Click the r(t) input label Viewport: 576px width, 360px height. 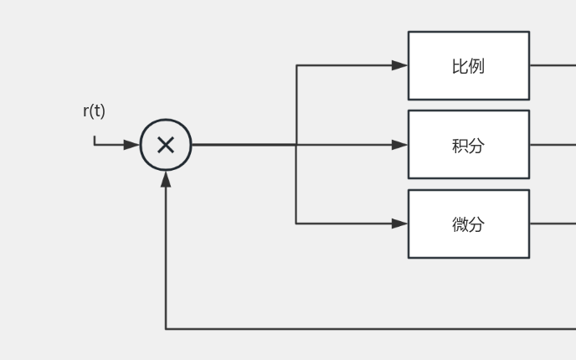coord(94,111)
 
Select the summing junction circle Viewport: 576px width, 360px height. coord(166,145)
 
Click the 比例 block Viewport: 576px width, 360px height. coord(468,65)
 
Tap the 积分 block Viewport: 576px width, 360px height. coord(468,144)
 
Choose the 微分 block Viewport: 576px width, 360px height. coord(468,224)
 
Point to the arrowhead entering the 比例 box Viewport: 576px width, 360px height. coord(400,65)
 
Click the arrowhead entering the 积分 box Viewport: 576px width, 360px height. coord(400,145)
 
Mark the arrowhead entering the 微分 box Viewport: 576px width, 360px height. coord(400,224)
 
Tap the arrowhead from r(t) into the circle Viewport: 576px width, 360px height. coord(131,145)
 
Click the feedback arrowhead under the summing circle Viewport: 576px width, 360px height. coord(166,178)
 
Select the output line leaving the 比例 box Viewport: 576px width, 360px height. coord(553,65)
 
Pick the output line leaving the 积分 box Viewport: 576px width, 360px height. coord(553,144)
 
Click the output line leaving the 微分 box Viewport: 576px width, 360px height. coord(553,224)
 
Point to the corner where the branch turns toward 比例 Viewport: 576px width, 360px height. coord(296,65)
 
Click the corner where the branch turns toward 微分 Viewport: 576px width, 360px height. coord(296,224)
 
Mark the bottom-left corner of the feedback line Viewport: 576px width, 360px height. coord(166,329)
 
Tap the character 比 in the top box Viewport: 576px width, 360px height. coord(460,65)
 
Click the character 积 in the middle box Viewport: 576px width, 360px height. coord(460,145)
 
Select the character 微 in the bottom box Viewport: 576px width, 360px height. coord(460,224)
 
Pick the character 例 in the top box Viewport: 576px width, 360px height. coord(476,65)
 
